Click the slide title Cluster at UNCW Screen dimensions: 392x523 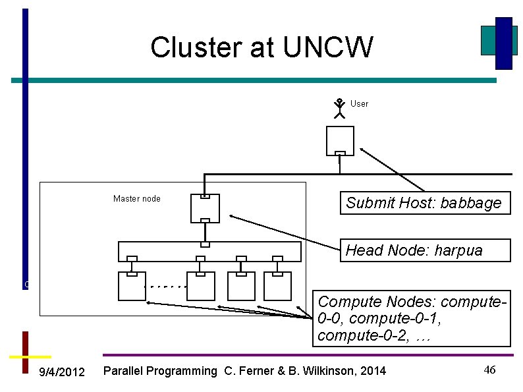click(261, 47)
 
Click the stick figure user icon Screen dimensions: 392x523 click(339, 108)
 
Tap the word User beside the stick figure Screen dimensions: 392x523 click(359, 103)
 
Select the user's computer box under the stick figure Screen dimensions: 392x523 click(340, 140)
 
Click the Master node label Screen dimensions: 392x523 click(136, 198)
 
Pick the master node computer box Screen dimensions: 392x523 click(205, 208)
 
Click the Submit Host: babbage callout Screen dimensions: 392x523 click(424, 203)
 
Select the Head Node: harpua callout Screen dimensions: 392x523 click(425, 250)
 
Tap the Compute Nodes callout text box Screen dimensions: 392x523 click(412, 319)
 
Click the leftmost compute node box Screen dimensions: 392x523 click(132, 286)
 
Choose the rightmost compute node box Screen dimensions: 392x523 click(277, 286)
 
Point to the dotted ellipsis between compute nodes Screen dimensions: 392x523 click(165, 287)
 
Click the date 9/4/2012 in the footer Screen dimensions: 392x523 click(62, 373)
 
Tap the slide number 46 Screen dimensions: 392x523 click(489, 370)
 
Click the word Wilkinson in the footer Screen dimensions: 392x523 click(337, 372)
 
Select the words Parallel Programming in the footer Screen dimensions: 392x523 click(161, 372)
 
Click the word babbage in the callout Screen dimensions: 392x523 click(471, 203)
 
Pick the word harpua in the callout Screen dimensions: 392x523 click(459, 250)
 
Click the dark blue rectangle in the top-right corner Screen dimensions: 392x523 click(504, 43)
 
